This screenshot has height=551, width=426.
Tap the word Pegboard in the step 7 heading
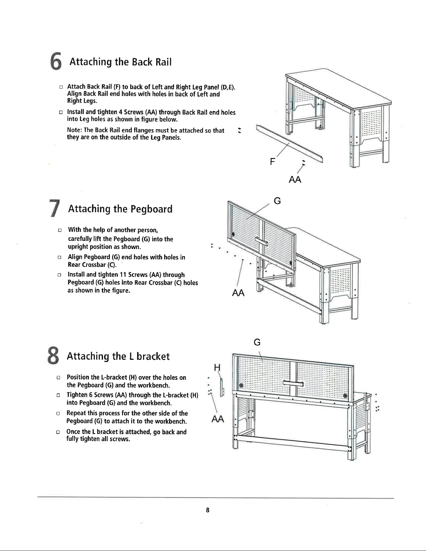[x=151, y=209]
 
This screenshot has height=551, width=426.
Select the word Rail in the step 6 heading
[x=163, y=62]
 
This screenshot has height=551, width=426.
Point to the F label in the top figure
[x=272, y=162]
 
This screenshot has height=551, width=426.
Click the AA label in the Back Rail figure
[x=295, y=180]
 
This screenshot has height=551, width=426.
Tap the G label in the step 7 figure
[x=277, y=201]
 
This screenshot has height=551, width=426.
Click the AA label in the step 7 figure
[x=238, y=293]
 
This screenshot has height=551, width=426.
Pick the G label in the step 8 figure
[x=257, y=342]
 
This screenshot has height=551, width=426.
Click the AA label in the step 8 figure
[x=218, y=419]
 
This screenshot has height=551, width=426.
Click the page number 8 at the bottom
[x=207, y=510]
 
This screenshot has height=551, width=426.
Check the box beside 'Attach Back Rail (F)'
[x=61, y=87]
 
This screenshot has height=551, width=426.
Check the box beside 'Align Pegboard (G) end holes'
[x=59, y=258]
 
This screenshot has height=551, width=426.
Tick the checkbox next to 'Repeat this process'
[x=58, y=414]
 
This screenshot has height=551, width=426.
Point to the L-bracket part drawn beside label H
[x=222, y=387]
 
